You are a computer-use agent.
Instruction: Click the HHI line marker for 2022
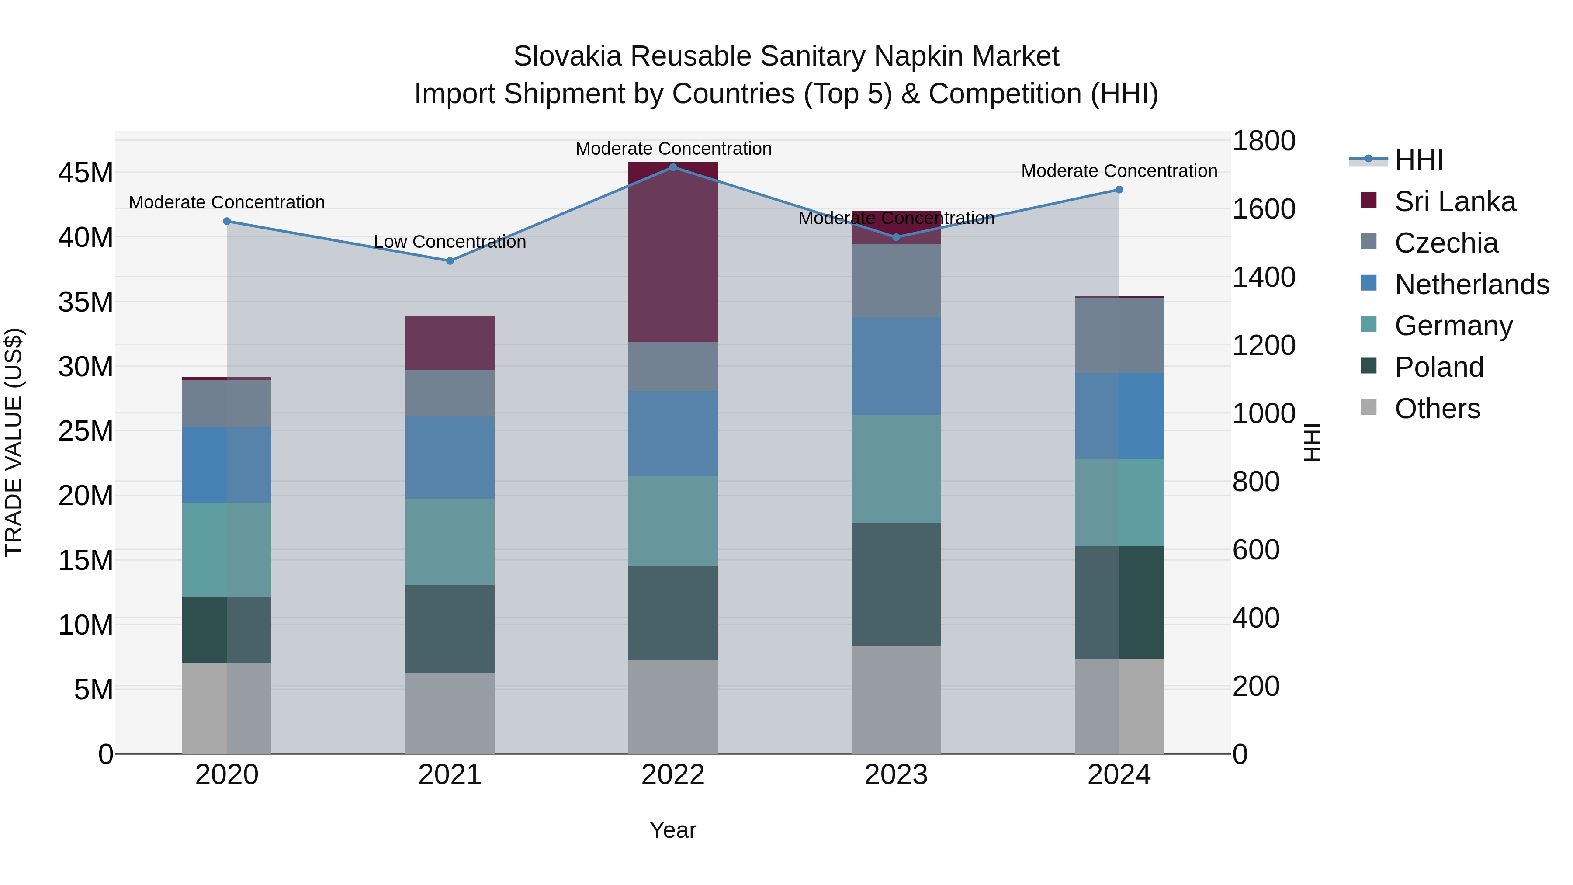[x=673, y=167]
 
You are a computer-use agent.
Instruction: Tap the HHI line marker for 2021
[x=450, y=261]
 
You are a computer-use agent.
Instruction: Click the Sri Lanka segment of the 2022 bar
[x=673, y=252]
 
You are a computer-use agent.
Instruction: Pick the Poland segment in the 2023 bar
[x=896, y=584]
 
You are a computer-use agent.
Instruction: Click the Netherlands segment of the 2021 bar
[x=450, y=458]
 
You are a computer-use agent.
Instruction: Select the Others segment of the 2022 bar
[x=673, y=707]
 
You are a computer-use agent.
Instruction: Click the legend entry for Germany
[x=1453, y=326]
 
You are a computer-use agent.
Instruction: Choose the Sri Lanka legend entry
[x=1455, y=201]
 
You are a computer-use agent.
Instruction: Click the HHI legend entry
[x=1418, y=160]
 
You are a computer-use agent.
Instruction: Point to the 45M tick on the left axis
[x=86, y=173]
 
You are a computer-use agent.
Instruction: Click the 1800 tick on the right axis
[x=1263, y=141]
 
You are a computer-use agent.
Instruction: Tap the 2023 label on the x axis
[x=896, y=775]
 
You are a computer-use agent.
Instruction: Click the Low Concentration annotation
[x=450, y=242]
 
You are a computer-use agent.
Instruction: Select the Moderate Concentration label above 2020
[x=226, y=202]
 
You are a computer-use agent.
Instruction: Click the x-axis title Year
[x=673, y=830]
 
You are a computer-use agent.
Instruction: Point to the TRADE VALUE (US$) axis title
[x=14, y=442]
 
